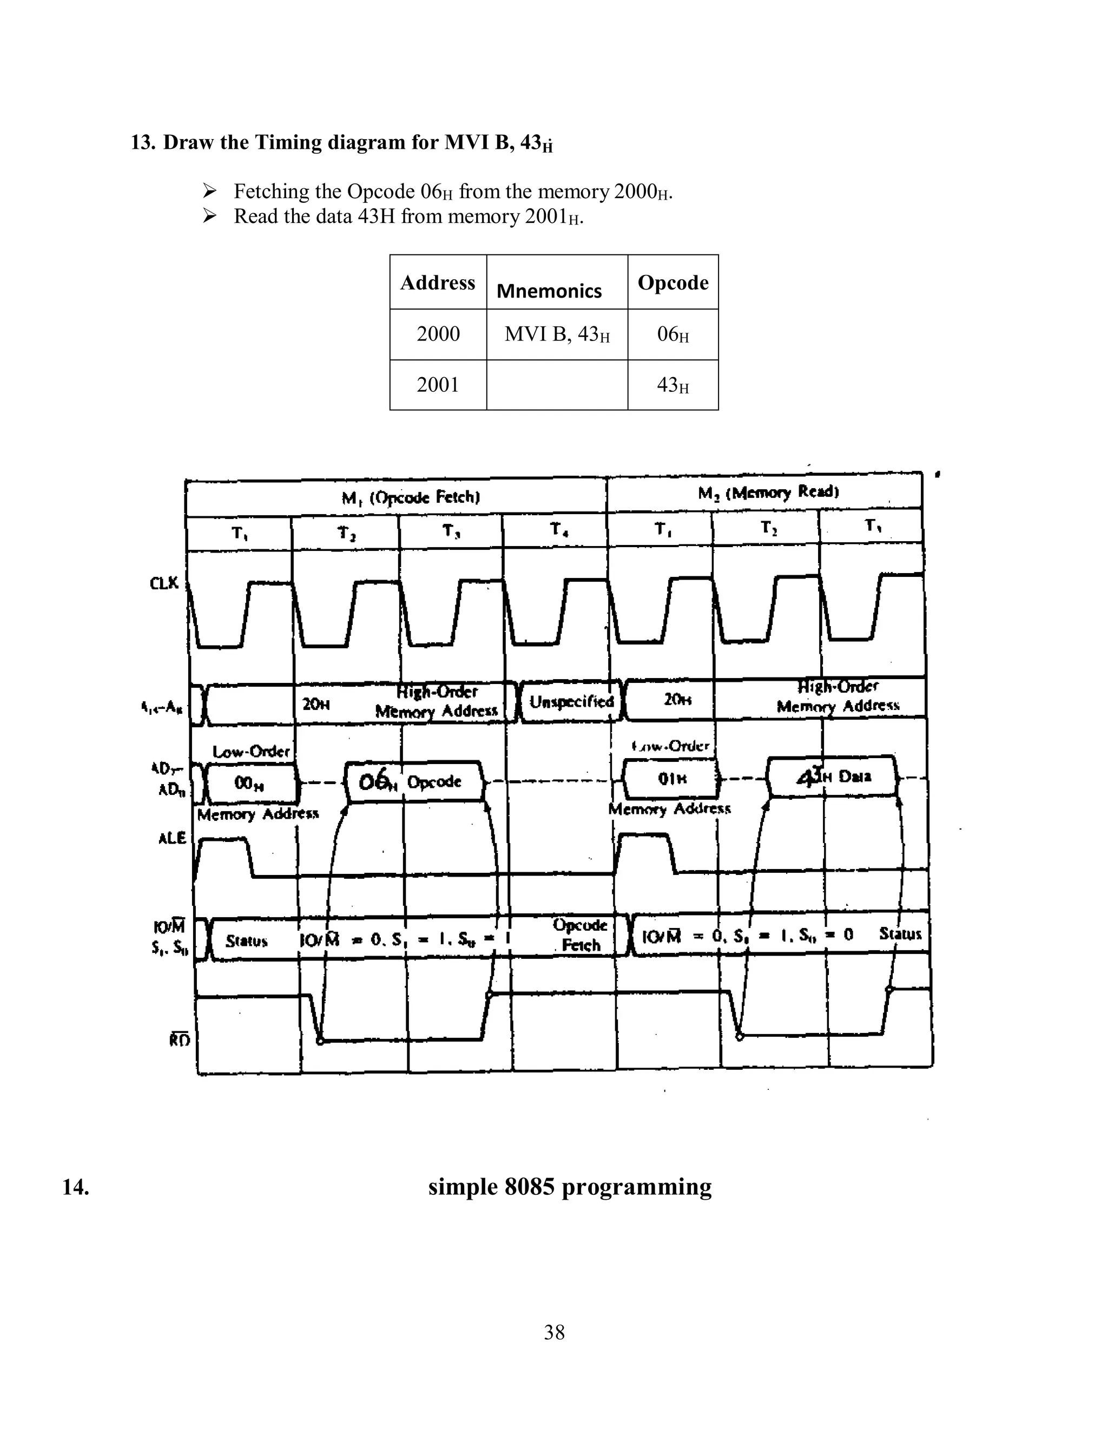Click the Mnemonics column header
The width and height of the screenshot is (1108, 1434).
549,291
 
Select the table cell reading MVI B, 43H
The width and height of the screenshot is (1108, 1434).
557,334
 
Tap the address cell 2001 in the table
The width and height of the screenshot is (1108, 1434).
438,385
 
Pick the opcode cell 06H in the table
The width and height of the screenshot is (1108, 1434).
673,334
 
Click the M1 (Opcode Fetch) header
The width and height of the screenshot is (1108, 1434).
411,497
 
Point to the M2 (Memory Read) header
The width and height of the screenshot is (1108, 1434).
768,492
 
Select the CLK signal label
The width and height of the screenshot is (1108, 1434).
164,582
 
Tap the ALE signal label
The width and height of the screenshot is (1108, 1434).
173,838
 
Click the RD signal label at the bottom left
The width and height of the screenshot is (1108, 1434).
179,1040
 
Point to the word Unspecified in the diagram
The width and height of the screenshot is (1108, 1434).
571,701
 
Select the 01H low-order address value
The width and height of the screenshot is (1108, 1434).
672,779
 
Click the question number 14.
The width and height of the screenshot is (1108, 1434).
76,1187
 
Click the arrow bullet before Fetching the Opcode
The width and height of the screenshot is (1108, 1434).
209,191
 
